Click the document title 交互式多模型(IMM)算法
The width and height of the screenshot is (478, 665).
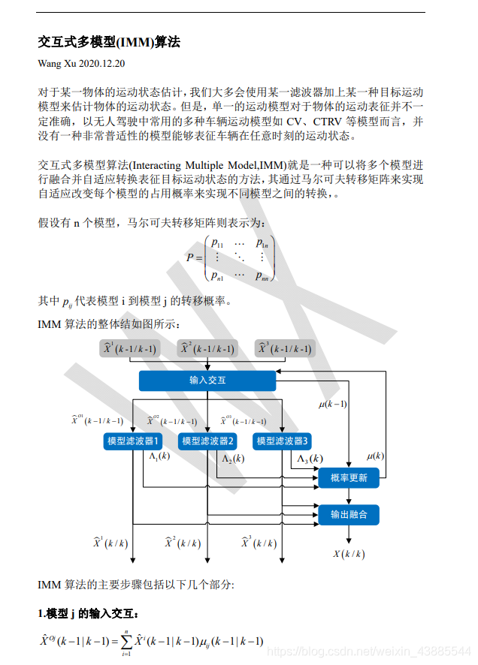pyautogui.click(x=109, y=42)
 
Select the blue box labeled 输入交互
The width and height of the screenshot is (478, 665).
pyautogui.click(x=207, y=381)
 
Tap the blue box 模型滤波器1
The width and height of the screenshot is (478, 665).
pyautogui.click(x=133, y=441)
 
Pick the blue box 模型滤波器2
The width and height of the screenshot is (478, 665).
pyautogui.click(x=207, y=441)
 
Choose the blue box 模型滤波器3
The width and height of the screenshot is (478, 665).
pyautogui.click(x=281, y=441)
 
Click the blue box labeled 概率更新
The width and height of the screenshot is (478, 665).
pyautogui.click(x=349, y=477)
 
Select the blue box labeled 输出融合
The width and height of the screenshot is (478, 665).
pyautogui.click(x=349, y=514)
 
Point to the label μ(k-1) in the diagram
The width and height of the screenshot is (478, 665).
pyautogui.click(x=333, y=404)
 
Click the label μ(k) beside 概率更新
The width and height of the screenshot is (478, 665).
pyautogui.click(x=375, y=456)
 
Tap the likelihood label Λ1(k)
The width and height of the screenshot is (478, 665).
pyautogui.click(x=159, y=456)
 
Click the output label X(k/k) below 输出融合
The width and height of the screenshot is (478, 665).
pyautogui.click(x=349, y=554)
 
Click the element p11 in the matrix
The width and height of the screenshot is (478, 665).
pyautogui.click(x=217, y=243)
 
